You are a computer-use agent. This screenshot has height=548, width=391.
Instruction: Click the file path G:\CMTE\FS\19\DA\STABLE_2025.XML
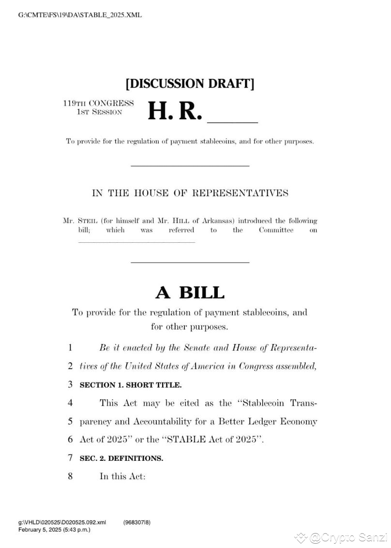click(80, 15)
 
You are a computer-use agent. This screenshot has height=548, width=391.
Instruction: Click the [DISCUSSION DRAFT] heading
click(190, 83)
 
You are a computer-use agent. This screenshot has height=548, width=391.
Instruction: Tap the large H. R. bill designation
click(174, 111)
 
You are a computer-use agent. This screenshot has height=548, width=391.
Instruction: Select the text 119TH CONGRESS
click(98, 103)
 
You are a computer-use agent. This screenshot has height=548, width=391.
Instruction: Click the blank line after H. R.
click(233, 120)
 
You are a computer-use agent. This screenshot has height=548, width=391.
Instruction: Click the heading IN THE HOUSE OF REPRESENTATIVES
click(190, 193)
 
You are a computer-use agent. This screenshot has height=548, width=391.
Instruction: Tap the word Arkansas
click(196, 220)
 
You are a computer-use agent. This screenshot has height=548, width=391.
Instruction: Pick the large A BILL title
click(190, 293)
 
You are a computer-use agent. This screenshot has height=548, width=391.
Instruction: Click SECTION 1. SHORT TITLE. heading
click(131, 385)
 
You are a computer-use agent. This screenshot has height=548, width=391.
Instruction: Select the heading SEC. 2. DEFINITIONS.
click(121, 458)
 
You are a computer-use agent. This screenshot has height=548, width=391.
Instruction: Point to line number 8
click(70, 476)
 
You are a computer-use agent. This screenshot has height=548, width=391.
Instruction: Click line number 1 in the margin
click(70, 348)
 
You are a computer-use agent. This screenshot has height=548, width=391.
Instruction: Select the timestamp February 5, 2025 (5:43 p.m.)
click(54, 530)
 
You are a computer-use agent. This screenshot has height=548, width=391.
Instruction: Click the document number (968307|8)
click(137, 522)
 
